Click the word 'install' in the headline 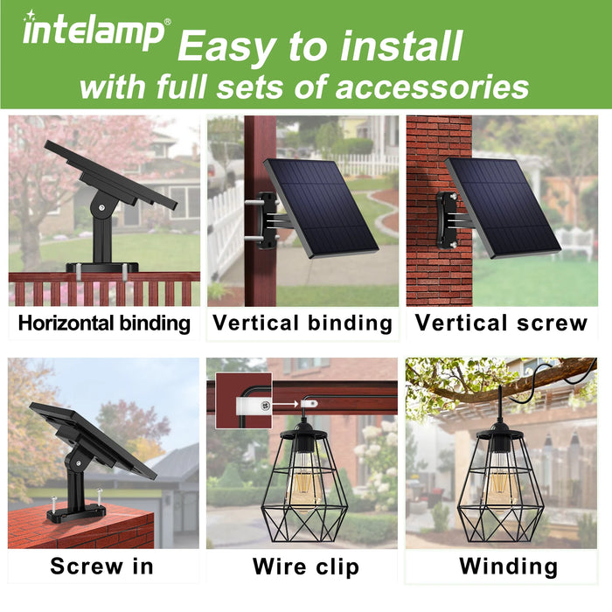click(x=401, y=46)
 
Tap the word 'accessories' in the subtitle click(x=432, y=87)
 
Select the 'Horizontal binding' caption click(x=104, y=324)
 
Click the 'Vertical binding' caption click(x=303, y=323)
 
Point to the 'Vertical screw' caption click(x=501, y=323)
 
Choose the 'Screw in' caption click(x=102, y=567)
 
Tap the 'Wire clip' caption click(x=306, y=567)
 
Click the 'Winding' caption click(x=509, y=567)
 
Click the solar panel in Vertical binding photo click(x=321, y=208)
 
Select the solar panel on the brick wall click(x=504, y=208)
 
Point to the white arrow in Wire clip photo click(x=285, y=404)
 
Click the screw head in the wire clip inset click(x=266, y=407)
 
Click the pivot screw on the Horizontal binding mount click(x=101, y=208)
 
